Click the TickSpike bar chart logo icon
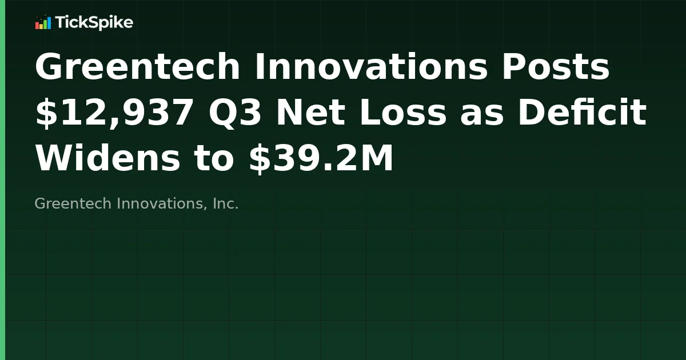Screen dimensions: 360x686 43,23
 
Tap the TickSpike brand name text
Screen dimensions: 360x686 94,23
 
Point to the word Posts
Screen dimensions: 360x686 556,67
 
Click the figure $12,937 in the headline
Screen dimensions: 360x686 114,113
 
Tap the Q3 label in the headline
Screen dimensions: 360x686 236,113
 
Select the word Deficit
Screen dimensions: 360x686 582,113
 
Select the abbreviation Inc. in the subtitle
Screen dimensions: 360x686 225,203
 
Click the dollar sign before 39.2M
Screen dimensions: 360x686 260,159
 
